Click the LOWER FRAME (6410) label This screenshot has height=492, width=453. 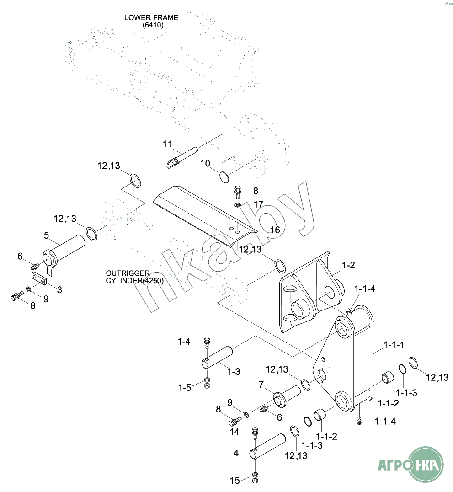(151, 21)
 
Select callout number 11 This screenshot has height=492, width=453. (168, 144)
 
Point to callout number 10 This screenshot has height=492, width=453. (205, 163)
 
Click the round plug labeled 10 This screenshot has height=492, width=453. (224, 176)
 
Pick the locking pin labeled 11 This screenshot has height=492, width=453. (181, 156)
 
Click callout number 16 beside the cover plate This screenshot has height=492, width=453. (275, 230)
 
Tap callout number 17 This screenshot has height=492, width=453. (259, 204)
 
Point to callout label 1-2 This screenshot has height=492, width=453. (348, 266)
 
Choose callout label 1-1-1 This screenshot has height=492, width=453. (394, 345)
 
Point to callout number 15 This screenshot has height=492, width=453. (234, 481)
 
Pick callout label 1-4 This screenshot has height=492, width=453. (184, 341)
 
